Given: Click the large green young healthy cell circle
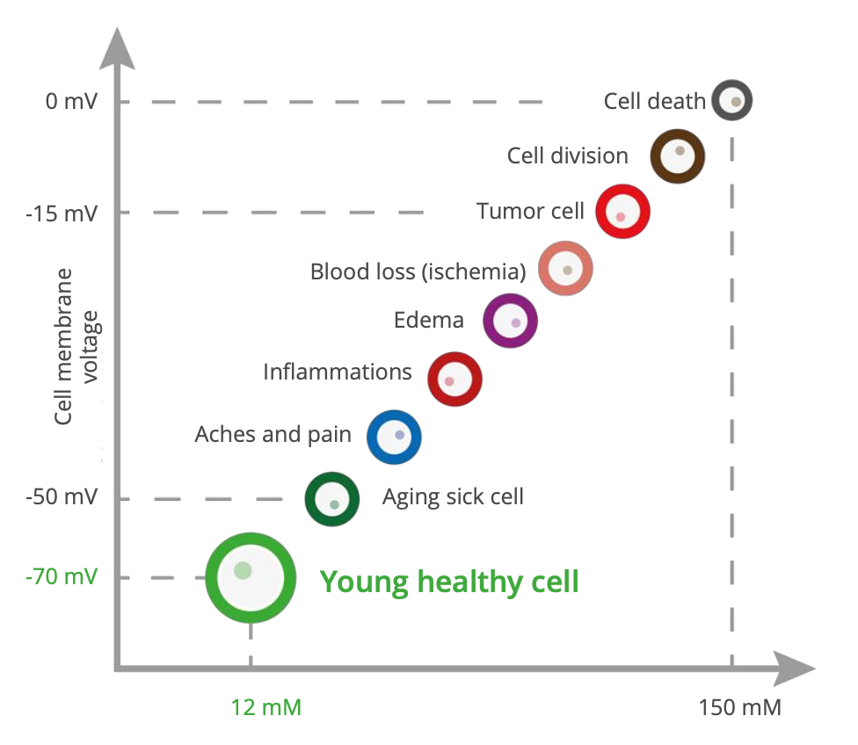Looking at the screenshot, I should point(250,577).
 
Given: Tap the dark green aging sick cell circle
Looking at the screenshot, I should point(331,499).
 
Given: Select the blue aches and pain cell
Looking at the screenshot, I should point(394,437).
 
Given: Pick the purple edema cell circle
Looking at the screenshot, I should point(510,320).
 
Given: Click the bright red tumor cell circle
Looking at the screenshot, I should point(623,212).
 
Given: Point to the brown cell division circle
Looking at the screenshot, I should point(677,156).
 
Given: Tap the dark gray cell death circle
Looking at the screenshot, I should point(732,100).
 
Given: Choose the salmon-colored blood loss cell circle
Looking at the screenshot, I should point(565,269).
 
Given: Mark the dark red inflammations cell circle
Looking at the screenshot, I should point(454,378).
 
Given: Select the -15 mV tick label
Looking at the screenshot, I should point(63,212).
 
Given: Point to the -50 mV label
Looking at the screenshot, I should point(62,498).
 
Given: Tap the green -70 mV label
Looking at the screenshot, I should point(62,577).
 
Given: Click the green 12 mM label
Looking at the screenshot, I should point(266,706).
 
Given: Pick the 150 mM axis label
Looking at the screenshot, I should point(739,706).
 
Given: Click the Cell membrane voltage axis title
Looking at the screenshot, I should point(77,347).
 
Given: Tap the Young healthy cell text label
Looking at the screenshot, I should point(449,582).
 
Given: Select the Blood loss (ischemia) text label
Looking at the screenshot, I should point(418,271).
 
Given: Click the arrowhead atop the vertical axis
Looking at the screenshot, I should point(117,47).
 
